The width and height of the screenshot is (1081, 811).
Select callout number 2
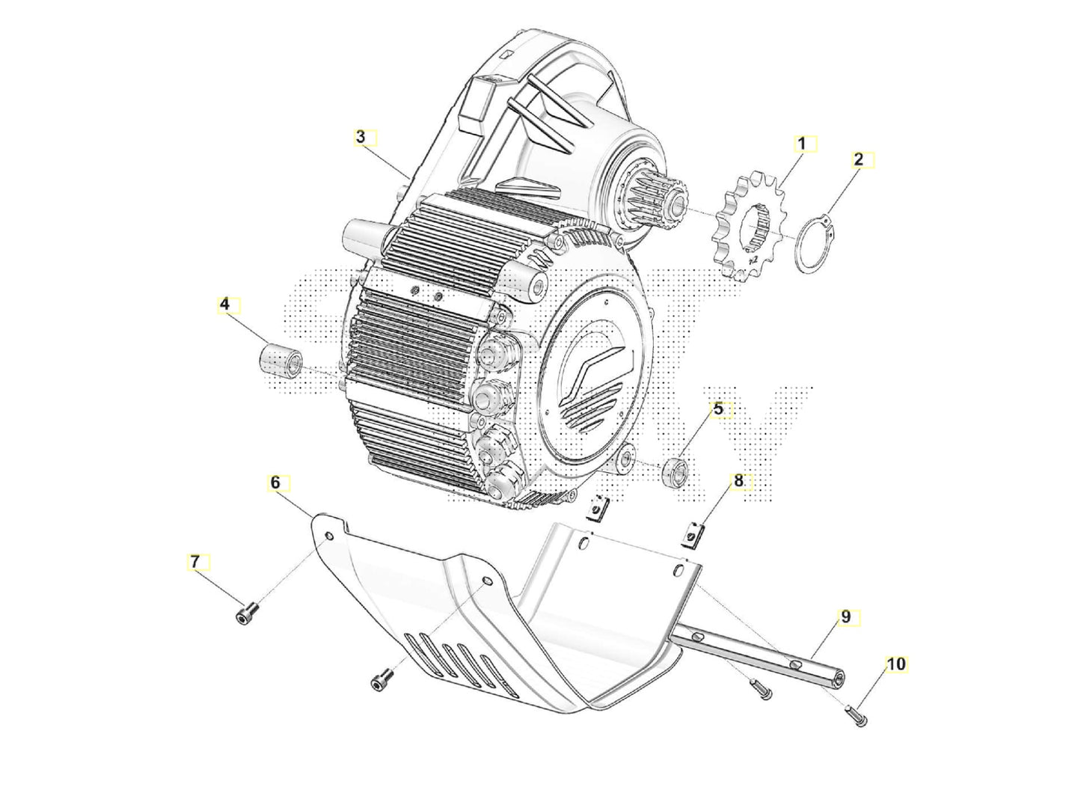(858, 159)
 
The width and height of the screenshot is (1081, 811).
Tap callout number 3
(361, 137)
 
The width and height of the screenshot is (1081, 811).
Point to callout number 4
(224, 304)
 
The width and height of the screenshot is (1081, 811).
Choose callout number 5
(718, 409)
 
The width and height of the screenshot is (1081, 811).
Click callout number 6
(275, 483)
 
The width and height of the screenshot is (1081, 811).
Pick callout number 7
(195, 561)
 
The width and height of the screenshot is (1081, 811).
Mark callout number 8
(738, 481)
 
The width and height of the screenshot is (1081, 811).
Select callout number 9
(845, 617)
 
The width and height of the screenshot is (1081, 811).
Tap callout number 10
(896, 664)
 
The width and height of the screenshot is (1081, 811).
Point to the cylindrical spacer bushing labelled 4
(280, 362)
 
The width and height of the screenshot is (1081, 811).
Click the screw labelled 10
(858, 717)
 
